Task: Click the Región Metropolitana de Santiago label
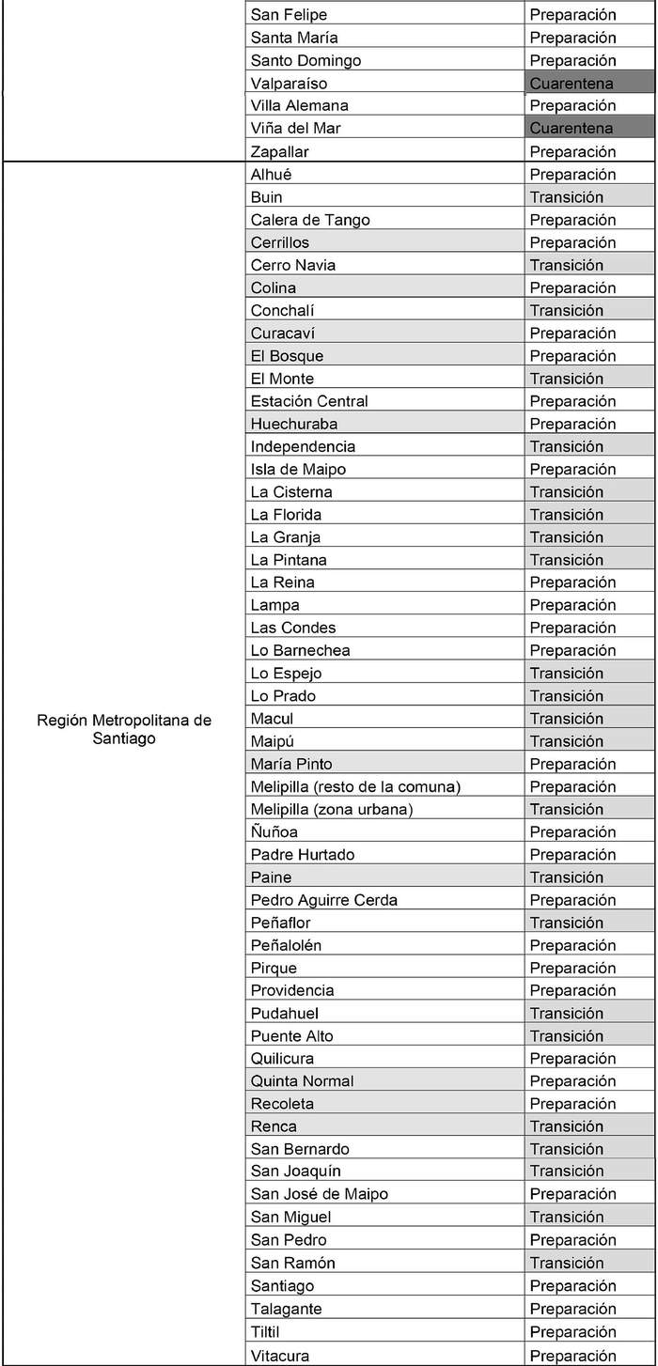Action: click(x=124, y=729)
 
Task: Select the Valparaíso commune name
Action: click(x=290, y=84)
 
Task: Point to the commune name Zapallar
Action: click(x=280, y=151)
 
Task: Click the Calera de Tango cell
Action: click(x=310, y=220)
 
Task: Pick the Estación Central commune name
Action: click(x=309, y=401)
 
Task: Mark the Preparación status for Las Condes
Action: click(x=573, y=628)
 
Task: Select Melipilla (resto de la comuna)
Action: click(x=355, y=786)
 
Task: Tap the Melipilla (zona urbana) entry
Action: click(x=332, y=809)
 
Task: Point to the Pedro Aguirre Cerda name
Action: click(x=324, y=900)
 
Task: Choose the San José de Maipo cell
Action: click(x=320, y=1194)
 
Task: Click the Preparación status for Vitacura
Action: click(x=573, y=1356)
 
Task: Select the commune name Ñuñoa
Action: click(x=274, y=831)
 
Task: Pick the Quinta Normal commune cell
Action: click(x=303, y=1081)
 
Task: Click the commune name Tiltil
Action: click(x=265, y=1332)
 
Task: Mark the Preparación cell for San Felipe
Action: click(x=573, y=15)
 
